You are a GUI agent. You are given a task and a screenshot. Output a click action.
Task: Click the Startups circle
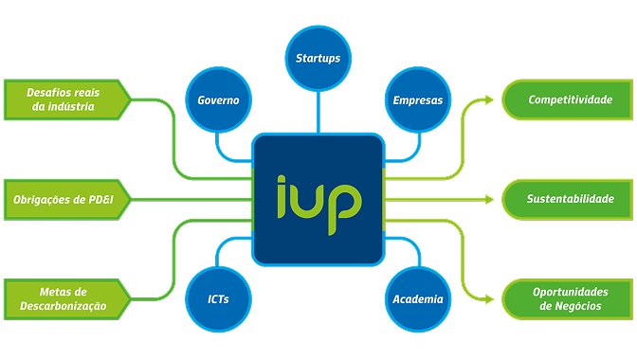pyautogui.click(x=318, y=59)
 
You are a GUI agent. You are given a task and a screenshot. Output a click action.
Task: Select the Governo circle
pyautogui.click(x=219, y=99)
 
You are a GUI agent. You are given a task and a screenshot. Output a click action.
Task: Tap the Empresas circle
pyautogui.click(x=418, y=99)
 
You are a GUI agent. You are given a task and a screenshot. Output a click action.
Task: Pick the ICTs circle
pyautogui.click(x=219, y=299)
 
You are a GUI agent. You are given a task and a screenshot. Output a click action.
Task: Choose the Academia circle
pyautogui.click(x=418, y=299)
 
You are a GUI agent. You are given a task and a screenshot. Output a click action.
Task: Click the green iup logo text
pyautogui.click(x=319, y=204)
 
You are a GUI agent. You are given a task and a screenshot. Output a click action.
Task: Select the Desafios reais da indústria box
pyautogui.click(x=67, y=99)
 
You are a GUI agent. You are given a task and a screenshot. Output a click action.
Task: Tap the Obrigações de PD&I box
pyautogui.click(x=67, y=200)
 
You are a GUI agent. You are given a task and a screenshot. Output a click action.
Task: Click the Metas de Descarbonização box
pyautogui.click(x=67, y=299)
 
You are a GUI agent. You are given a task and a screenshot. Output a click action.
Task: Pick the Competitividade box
pyautogui.click(x=568, y=99)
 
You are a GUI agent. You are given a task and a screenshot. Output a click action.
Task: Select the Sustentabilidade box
pyautogui.click(x=568, y=200)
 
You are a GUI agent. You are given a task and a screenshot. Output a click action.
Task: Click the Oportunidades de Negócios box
pyautogui.click(x=568, y=299)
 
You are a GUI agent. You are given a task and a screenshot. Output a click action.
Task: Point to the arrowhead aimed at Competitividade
pyautogui.click(x=489, y=99)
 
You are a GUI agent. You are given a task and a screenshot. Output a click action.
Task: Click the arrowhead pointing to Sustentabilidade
pyautogui.click(x=489, y=200)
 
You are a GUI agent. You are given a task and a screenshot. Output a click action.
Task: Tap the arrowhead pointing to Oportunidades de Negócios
pyautogui.click(x=489, y=299)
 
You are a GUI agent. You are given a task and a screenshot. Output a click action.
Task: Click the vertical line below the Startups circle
pyautogui.click(x=318, y=112)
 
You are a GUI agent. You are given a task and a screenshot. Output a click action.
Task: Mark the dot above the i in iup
pyautogui.click(x=282, y=179)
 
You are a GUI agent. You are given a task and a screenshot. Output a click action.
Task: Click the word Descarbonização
pyautogui.click(x=63, y=306)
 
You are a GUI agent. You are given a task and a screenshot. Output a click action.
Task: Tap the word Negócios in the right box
pyautogui.click(x=578, y=306)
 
